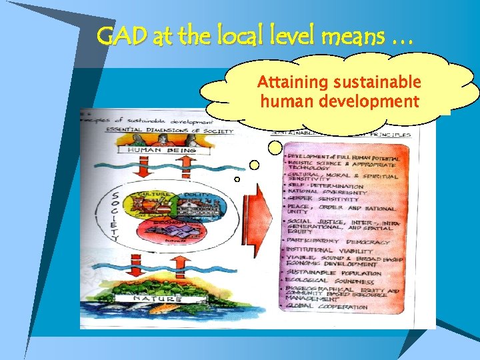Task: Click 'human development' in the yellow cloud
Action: tap(339, 102)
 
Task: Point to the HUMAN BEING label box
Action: tap(154, 151)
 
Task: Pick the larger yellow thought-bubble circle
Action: tap(256, 164)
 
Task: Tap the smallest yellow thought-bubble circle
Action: tap(237, 179)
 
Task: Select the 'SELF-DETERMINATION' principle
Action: tap(326, 187)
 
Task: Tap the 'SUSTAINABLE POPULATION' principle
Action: tap(334, 273)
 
